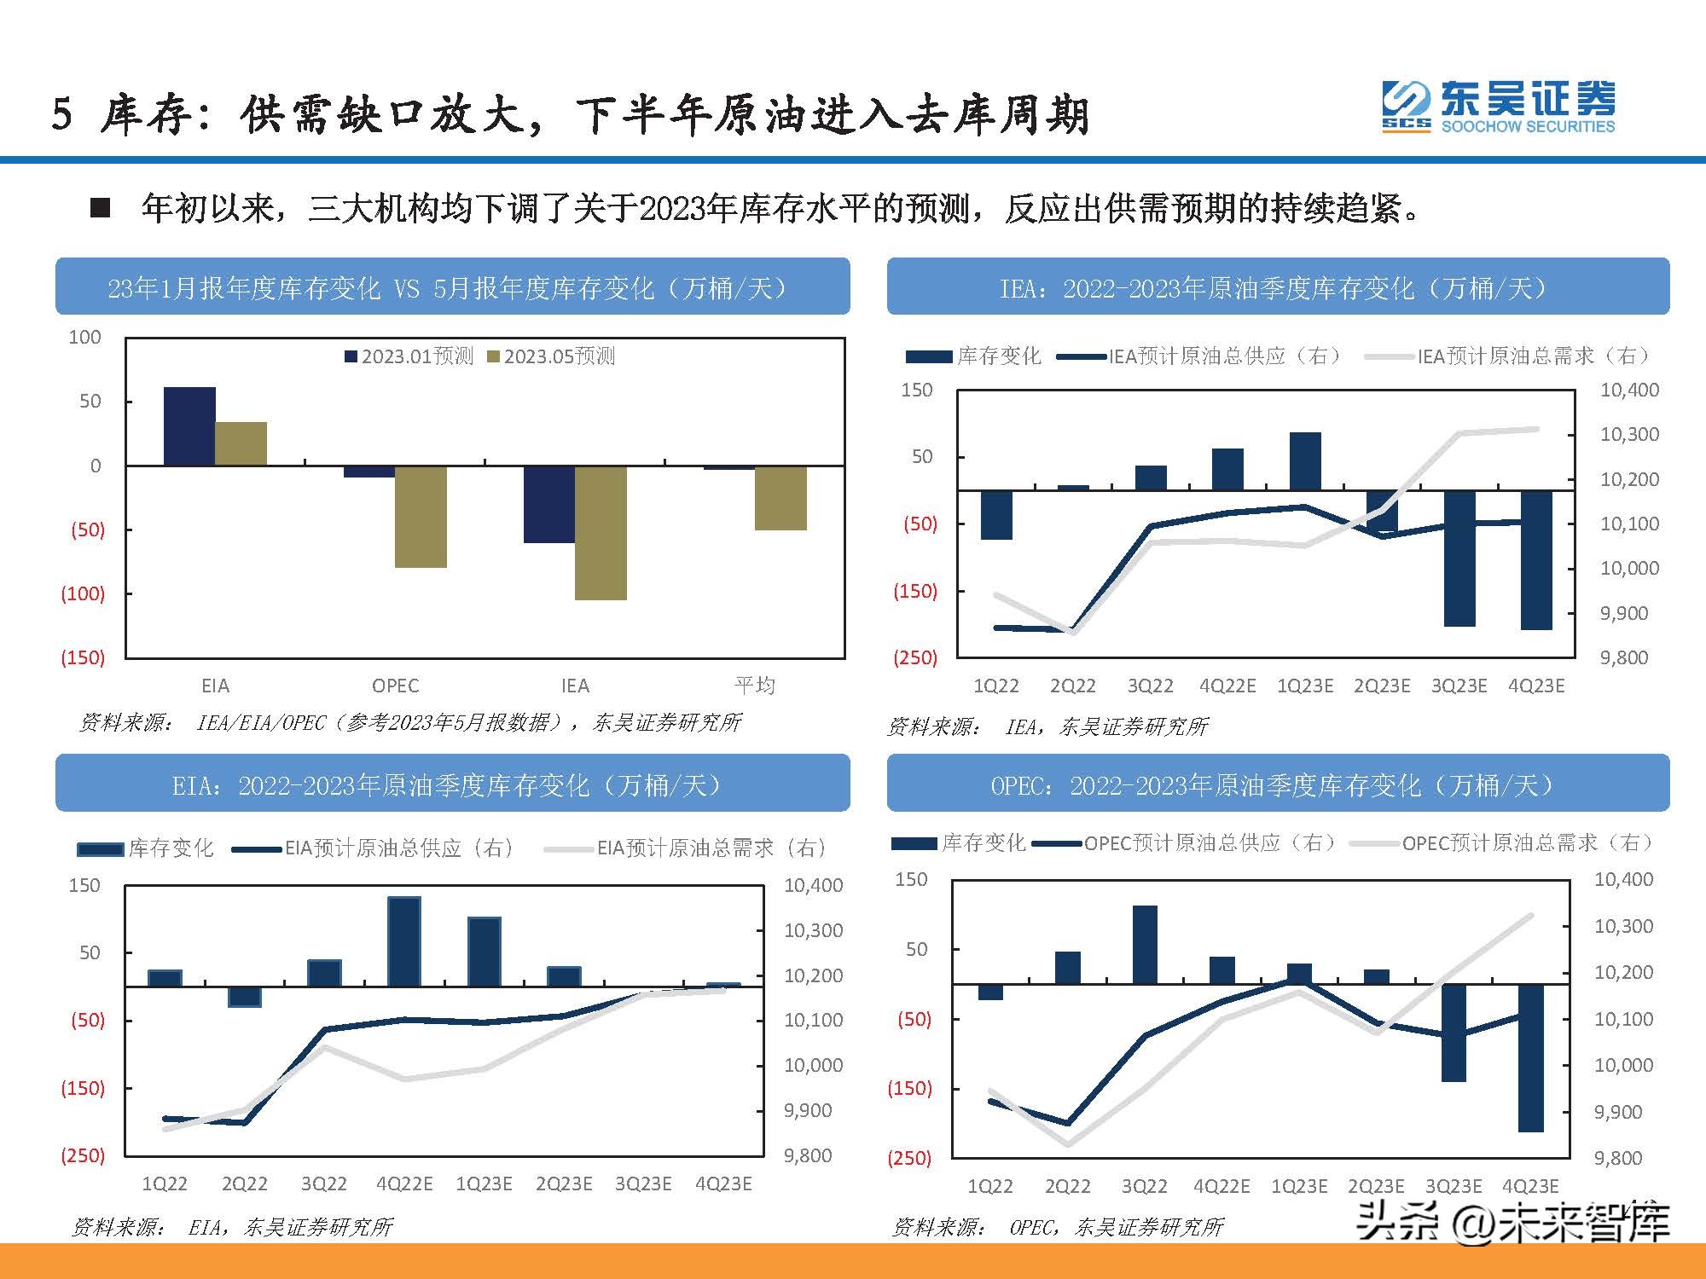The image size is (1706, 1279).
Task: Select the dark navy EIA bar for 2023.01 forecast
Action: (x=189, y=426)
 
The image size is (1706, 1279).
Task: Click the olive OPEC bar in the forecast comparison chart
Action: (x=421, y=516)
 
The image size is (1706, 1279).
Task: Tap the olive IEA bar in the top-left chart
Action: (x=601, y=532)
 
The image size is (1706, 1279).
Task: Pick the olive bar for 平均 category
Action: (x=780, y=498)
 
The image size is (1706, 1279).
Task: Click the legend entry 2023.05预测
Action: (x=551, y=356)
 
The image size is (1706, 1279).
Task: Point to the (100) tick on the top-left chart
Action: (x=83, y=593)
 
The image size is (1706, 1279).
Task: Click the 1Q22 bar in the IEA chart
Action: (x=996, y=515)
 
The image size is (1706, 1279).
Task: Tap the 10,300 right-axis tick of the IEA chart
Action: (x=1629, y=435)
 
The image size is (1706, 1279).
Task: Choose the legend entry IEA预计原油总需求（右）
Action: (x=1510, y=356)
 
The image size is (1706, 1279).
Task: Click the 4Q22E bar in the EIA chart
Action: (x=404, y=941)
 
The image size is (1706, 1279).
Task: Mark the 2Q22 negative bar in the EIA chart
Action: (x=245, y=997)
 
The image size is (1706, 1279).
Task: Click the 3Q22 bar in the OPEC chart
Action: (x=1145, y=945)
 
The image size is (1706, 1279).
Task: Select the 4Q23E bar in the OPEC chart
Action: (x=1531, y=1057)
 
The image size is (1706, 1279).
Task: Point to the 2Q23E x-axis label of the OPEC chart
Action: (x=1376, y=1186)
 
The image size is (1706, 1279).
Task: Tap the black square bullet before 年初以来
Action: (x=101, y=209)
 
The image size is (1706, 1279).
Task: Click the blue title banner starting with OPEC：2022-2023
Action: (x=1277, y=784)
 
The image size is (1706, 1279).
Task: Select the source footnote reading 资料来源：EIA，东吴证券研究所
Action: (x=233, y=1227)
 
